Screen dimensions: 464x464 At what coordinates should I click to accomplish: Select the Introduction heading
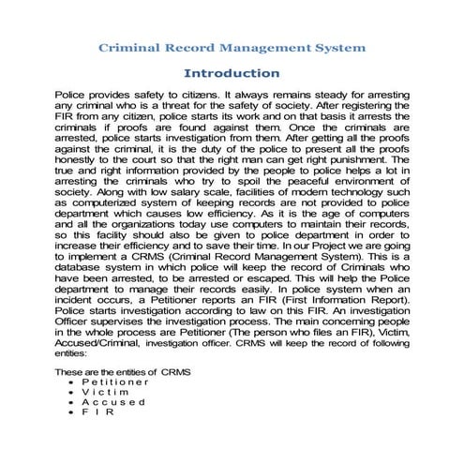(232, 72)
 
